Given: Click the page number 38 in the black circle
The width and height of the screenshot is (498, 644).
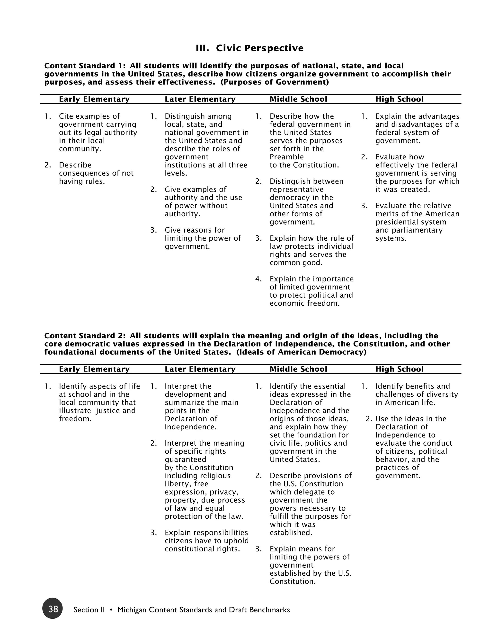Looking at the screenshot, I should click(53, 609).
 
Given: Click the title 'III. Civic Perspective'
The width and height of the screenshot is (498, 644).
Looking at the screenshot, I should click(249, 48).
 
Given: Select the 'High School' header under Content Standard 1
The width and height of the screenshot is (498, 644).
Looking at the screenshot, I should click(399, 99).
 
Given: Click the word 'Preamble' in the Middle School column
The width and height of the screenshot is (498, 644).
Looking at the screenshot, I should click(286, 157).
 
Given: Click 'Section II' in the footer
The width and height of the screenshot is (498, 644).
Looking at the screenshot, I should click(89, 610).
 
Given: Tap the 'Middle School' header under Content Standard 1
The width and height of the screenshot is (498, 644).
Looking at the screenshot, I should click(298, 99).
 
